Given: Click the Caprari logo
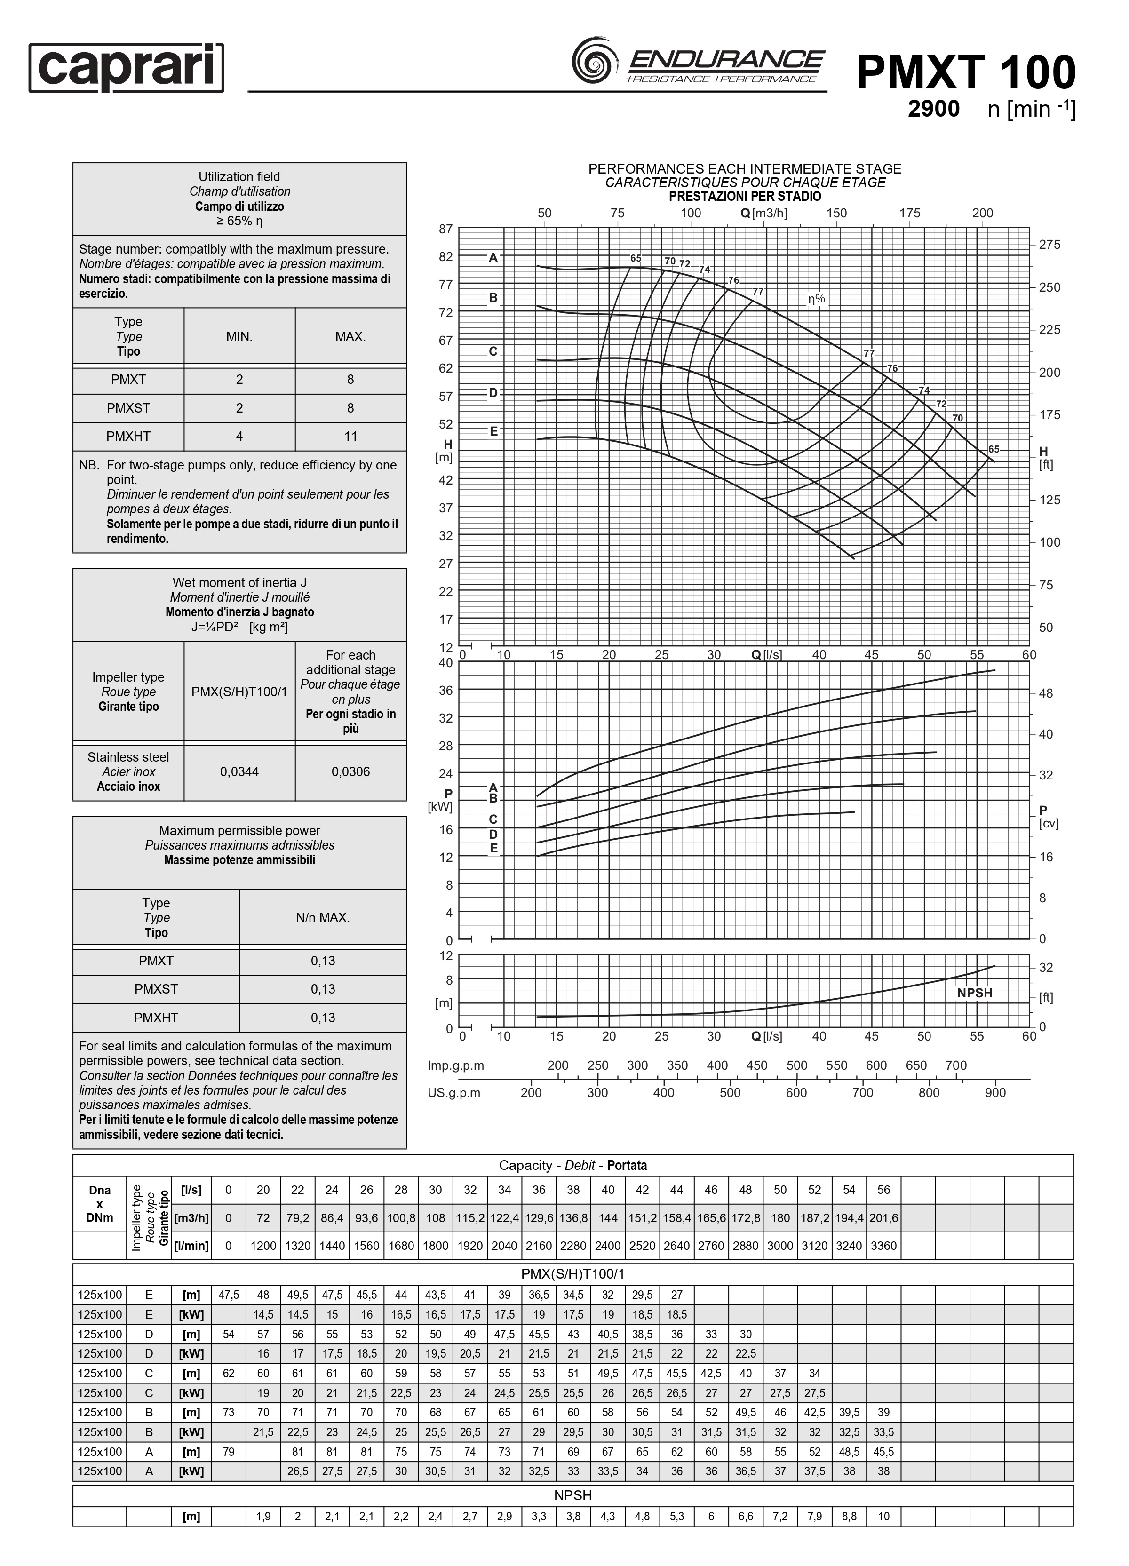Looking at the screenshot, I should click(127, 68).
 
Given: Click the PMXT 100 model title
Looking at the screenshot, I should click(965, 72).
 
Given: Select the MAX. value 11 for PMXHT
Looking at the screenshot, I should click(350, 437).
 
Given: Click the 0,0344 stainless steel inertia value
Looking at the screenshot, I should click(239, 771).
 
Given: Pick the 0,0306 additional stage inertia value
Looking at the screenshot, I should click(350, 771).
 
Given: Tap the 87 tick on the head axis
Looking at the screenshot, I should click(445, 229).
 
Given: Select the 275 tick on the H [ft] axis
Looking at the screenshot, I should click(1049, 245).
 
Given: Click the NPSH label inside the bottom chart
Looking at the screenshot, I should click(974, 993).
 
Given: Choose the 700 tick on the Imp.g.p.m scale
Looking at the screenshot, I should click(956, 1065).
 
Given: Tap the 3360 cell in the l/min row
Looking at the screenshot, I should click(883, 1246).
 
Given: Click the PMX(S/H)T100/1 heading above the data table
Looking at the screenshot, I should click(572, 1274).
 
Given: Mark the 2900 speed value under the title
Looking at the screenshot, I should click(933, 109).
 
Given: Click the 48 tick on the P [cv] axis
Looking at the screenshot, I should click(1045, 693).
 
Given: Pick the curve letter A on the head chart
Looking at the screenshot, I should click(493, 258).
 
